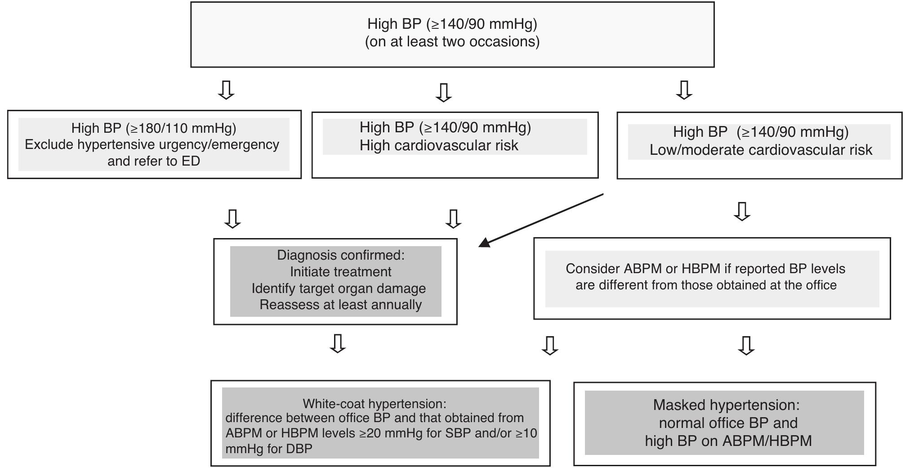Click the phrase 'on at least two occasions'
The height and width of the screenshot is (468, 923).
tap(452, 42)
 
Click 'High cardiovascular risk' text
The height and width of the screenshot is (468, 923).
tap(439, 146)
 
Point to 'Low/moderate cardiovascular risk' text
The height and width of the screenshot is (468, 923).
tap(761, 150)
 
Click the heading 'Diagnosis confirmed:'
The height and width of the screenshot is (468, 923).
tap(341, 255)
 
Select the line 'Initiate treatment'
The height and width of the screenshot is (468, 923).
tap(341, 272)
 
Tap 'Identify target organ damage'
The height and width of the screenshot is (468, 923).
tap(339, 288)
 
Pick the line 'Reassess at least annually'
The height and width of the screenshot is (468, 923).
tap(341, 305)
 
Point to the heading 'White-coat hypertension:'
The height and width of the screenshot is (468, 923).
tap(375, 404)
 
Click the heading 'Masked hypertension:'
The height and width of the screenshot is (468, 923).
tap(727, 405)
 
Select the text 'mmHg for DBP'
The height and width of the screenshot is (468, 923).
tap(269, 449)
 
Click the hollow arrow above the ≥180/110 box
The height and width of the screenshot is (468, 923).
tap(226, 90)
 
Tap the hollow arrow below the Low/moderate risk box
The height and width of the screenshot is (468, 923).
tap(742, 211)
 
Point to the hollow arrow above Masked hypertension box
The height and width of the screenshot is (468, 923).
tap(746, 346)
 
